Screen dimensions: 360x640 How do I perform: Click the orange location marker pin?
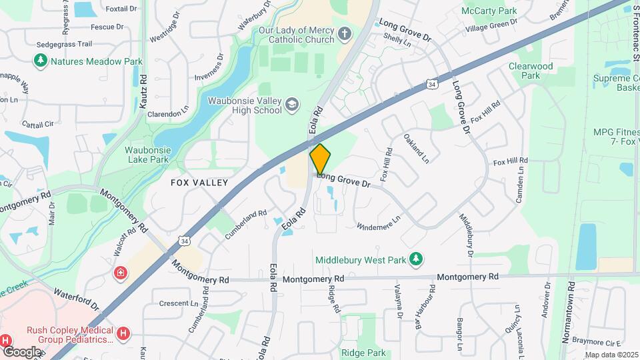321,159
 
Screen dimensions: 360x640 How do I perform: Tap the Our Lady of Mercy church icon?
344,33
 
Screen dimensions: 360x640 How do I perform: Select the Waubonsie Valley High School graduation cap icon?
292,104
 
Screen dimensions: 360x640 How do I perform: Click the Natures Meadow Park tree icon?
41,61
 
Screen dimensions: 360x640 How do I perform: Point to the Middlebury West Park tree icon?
416,259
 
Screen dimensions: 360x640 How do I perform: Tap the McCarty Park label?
489,11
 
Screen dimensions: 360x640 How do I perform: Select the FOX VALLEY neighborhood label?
199,183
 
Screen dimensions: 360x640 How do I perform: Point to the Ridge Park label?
363,353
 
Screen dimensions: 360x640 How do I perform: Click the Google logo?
21,352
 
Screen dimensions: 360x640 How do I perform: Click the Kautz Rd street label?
143,83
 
